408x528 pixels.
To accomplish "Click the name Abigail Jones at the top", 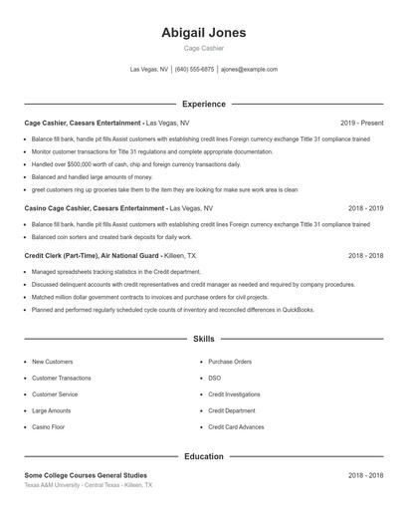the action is click(x=203, y=32).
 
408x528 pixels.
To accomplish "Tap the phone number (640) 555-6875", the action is click(x=194, y=70).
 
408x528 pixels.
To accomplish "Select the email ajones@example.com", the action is click(x=249, y=70).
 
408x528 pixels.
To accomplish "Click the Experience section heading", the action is click(x=203, y=104).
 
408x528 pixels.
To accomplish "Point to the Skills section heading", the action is click(x=203, y=340).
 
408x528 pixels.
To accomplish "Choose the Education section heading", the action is click(x=203, y=456).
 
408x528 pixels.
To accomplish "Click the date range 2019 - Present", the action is click(x=361, y=123).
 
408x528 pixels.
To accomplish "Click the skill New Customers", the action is click(x=52, y=362).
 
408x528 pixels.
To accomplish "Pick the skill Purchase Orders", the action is click(x=229, y=362).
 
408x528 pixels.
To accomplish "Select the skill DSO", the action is click(x=214, y=378).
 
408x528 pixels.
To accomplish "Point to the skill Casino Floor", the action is click(x=48, y=426).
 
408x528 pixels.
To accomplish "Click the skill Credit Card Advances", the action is click(x=236, y=426).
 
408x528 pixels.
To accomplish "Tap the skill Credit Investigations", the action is click(x=234, y=395).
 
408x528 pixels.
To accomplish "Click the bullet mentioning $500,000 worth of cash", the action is click(x=136, y=164).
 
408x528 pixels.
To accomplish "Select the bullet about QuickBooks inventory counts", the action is click(x=172, y=310).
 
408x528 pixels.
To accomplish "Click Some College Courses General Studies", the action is click(x=86, y=475).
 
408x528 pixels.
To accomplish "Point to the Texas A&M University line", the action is click(x=89, y=485).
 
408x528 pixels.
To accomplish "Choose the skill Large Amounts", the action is click(x=51, y=410).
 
